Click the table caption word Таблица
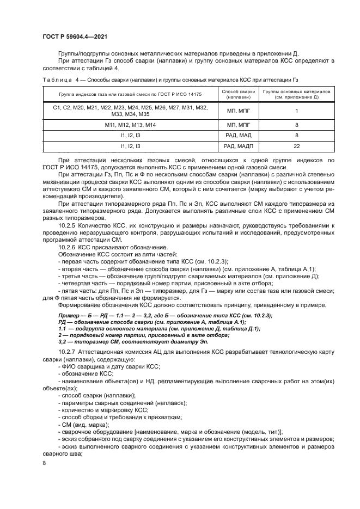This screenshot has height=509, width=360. coord(57,79)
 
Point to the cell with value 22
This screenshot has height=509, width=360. coord(296,146)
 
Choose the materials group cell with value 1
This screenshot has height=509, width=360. coord(296,111)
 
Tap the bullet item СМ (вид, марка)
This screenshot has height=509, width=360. coord(83,424)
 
